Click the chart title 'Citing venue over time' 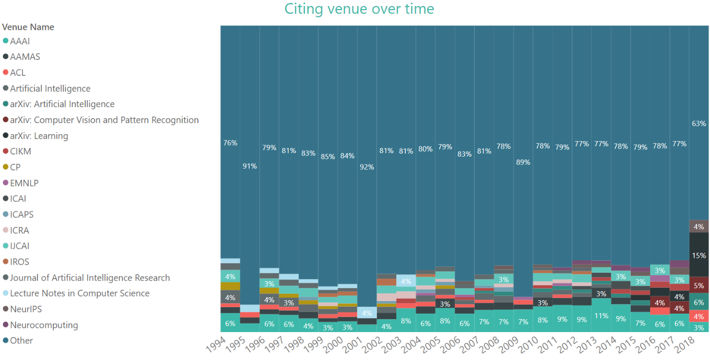(359, 9)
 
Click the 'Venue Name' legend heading (28, 27)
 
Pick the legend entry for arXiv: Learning (39, 136)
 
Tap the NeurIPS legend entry (26, 309)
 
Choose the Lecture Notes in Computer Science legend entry (80, 293)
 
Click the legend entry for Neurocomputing (44, 325)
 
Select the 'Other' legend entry (21, 341)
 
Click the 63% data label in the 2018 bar (699, 123)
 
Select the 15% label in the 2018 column (699, 255)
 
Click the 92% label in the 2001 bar (366, 167)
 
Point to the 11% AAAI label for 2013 (601, 316)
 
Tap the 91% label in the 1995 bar (250, 166)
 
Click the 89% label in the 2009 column (523, 162)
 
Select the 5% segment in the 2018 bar (699, 286)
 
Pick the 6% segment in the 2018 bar (699, 302)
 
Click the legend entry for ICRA (19, 230)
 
